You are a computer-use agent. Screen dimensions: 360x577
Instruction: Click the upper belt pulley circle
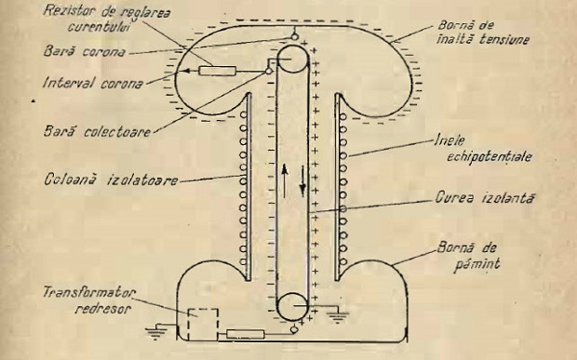[293, 63]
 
